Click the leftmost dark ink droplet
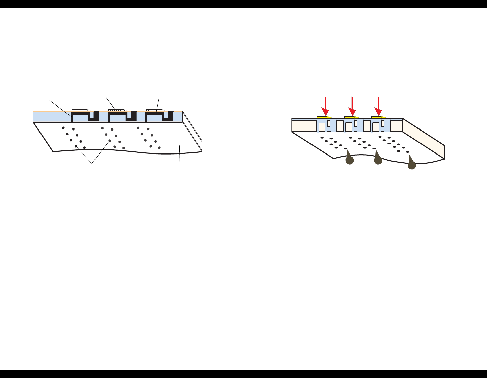[x=349, y=160]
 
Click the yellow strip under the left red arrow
[x=324, y=117]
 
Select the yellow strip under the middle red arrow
[x=351, y=117]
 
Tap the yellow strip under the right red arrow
[x=378, y=117]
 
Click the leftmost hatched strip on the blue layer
[x=81, y=110]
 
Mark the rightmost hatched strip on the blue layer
[x=155, y=110]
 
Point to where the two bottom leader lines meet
[x=92, y=164]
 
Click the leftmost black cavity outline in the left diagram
[x=84, y=116]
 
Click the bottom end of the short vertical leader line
[x=180, y=164]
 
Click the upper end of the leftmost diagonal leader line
[x=50, y=100]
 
